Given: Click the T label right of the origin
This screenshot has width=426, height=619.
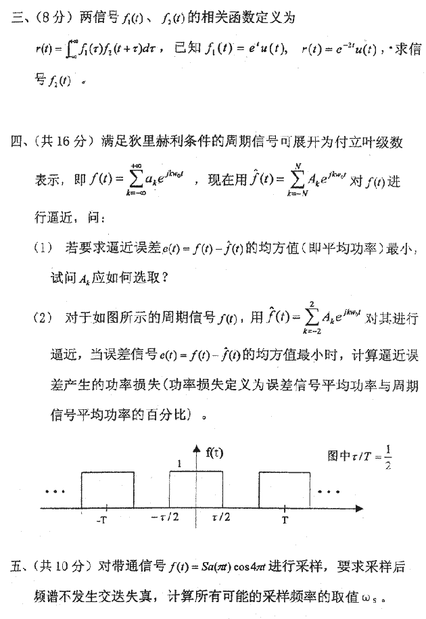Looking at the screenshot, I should [285, 520].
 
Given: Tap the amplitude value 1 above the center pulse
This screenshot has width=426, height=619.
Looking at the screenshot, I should [180, 464].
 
